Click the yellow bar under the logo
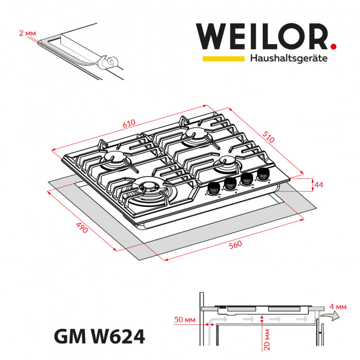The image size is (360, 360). pyautogui.click(x=223, y=59)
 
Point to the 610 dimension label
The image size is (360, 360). pyautogui.click(x=129, y=123)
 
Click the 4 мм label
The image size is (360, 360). pyautogui.click(x=340, y=307)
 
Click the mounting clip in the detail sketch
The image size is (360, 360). pyautogui.click(x=108, y=62)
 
